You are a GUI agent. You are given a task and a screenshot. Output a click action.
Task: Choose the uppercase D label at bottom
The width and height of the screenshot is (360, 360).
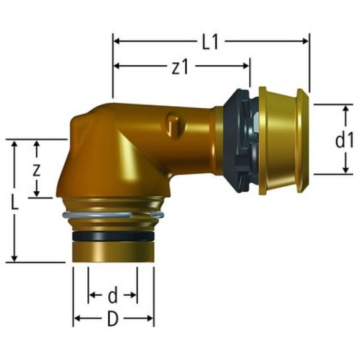pyautogui.click(x=113, y=319)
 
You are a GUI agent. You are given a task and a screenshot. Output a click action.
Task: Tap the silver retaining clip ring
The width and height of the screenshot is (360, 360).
pyautogui.click(x=113, y=215)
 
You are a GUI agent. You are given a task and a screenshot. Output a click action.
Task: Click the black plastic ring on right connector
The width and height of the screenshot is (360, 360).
pyautogui.click(x=239, y=141)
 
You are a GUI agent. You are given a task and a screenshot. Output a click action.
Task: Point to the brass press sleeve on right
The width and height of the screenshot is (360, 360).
pyautogui.click(x=281, y=141)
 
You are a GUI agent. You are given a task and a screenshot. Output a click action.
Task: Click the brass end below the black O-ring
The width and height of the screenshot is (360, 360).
pyautogui.click(x=113, y=252)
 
